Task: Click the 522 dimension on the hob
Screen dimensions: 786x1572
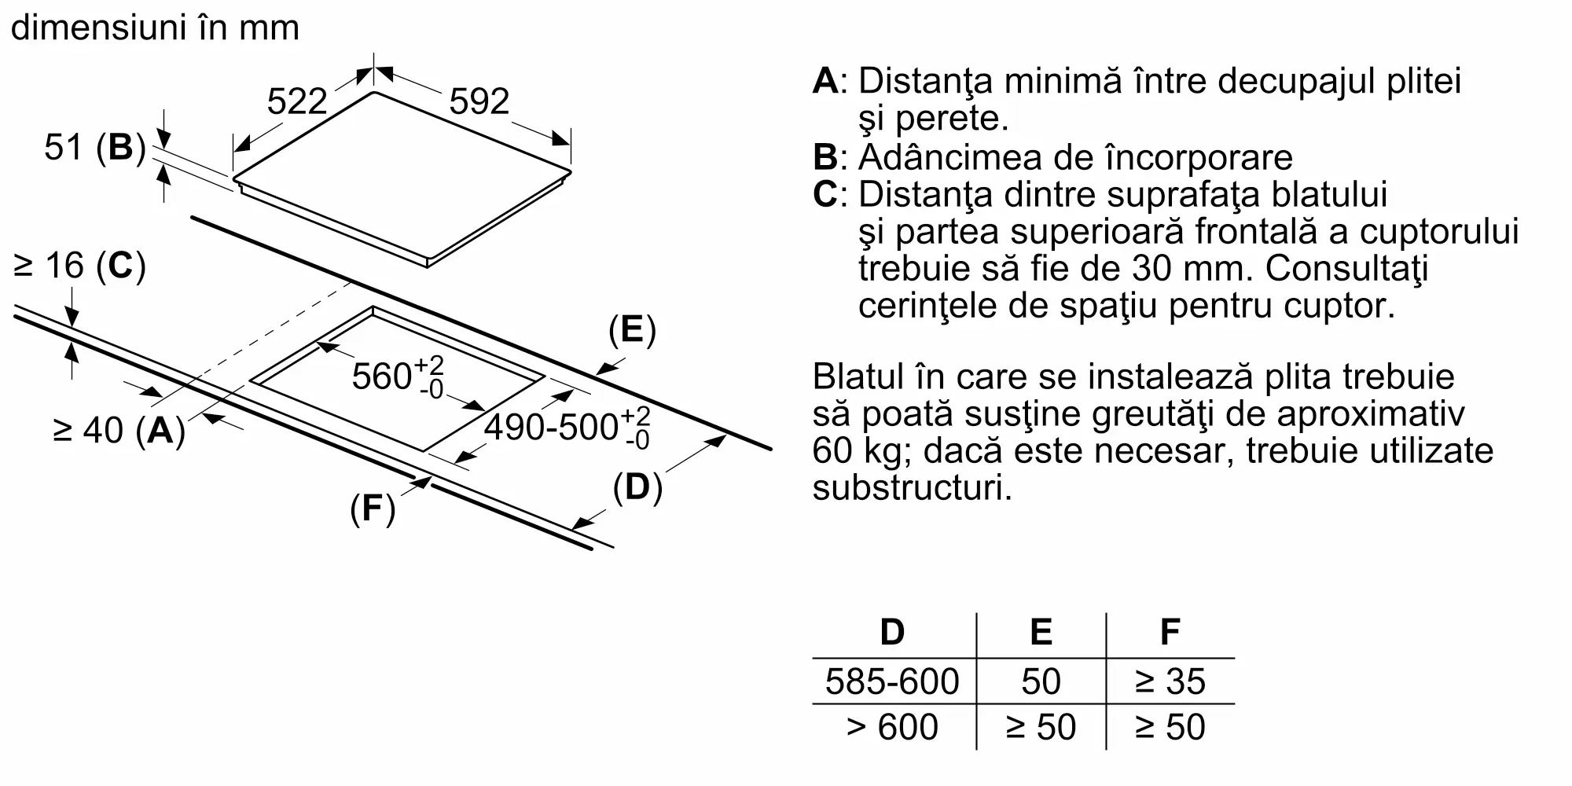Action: [297, 102]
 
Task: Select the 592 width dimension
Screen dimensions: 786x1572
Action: [479, 102]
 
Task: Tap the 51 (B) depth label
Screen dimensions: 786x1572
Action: [95, 148]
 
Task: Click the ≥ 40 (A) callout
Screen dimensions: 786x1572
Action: [119, 430]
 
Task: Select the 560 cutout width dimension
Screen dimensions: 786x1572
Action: [398, 376]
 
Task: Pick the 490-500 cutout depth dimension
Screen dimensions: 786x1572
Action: [566, 428]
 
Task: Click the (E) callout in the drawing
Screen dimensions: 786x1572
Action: [632, 330]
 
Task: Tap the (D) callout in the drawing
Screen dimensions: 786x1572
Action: [637, 488]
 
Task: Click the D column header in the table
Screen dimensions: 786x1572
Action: [892, 632]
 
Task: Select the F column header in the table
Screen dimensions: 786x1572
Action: [1170, 632]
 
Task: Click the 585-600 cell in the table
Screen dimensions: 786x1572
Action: [892, 681]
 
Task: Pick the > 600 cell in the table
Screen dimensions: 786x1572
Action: [892, 727]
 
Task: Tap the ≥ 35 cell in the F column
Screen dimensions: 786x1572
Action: [1170, 681]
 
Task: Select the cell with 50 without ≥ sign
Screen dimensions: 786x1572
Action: [1041, 681]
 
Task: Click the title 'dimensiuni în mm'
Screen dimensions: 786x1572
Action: [156, 28]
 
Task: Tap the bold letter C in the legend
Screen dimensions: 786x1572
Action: [825, 194]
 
